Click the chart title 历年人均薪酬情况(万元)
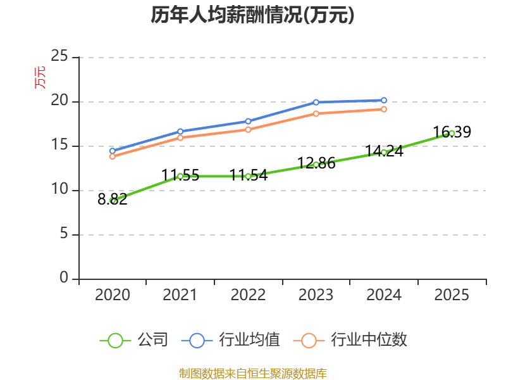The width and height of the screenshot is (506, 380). click(x=252, y=15)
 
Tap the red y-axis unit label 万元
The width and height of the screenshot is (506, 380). click(x=40, y=77)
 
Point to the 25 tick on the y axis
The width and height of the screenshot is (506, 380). click(x=59, y=57)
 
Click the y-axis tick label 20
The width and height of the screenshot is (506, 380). click(x=59, y=101)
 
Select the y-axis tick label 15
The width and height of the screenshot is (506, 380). click(x=59, y=146)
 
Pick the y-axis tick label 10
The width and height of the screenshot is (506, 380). click(x=59, y=190)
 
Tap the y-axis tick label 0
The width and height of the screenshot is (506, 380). click(x=64, y=279)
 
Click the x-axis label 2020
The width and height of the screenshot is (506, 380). click(x=113, y=295)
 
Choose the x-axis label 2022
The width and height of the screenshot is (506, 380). click(x=248, y=295)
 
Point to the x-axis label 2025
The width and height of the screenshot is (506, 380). click(x=452, y=295)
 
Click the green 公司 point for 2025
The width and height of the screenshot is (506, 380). click(x=452, y=133)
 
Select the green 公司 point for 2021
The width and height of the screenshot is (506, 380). click(x=180, y=176)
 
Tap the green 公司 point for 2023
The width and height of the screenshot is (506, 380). click(x=316, y=165)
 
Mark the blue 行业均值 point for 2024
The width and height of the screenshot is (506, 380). click(x=384, y=100)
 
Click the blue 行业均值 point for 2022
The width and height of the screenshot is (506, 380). click(x=248, y=121)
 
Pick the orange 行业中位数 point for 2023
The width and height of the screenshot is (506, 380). click(x=316, y=113)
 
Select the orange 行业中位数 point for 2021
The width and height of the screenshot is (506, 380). click(x=180, y=137)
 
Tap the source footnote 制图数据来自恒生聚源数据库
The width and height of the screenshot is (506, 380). click(x=252, y=373)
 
